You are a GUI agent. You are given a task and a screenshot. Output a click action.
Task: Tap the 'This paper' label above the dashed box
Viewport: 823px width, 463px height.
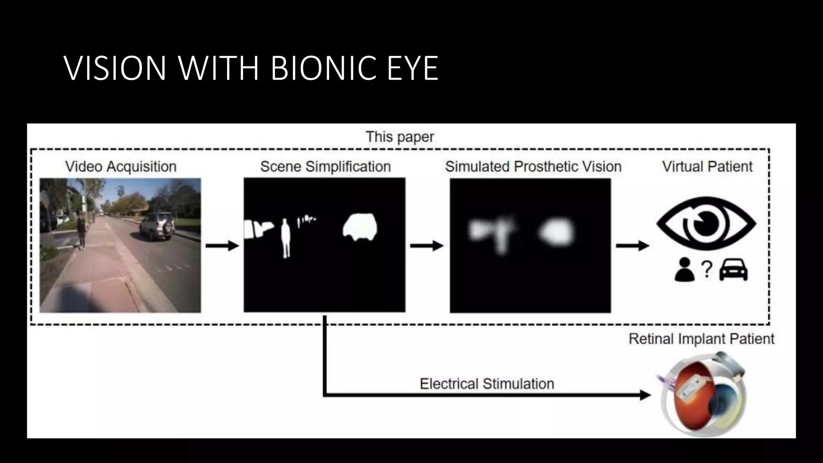pos(400,137)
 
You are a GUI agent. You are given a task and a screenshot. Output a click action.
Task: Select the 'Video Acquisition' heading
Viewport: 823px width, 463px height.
pos(121,166)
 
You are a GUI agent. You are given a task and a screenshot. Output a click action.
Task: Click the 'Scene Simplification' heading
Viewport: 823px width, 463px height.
pos(325,166)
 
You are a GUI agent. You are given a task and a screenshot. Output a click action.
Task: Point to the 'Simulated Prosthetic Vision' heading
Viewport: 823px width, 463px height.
pos(533,166)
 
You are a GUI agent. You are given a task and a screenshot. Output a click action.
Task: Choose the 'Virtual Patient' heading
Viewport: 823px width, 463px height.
pos(707,166)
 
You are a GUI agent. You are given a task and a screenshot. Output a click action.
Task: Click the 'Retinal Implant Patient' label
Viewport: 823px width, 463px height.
pos(701,339)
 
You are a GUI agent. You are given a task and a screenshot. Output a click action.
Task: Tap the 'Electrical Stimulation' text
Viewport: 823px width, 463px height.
pos(487,384)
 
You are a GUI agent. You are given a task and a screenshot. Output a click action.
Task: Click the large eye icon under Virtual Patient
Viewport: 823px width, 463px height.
pos(706,223)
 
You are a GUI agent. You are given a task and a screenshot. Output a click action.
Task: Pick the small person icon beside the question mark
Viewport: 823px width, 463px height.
pos(684,269)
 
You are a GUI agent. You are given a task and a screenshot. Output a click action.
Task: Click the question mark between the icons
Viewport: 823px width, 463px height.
pos(706,269)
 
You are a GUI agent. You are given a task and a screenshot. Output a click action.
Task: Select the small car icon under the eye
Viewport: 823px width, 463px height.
pos(733,269)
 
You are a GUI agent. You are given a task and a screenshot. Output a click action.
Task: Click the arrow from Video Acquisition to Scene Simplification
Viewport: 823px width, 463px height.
pos(222,245)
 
